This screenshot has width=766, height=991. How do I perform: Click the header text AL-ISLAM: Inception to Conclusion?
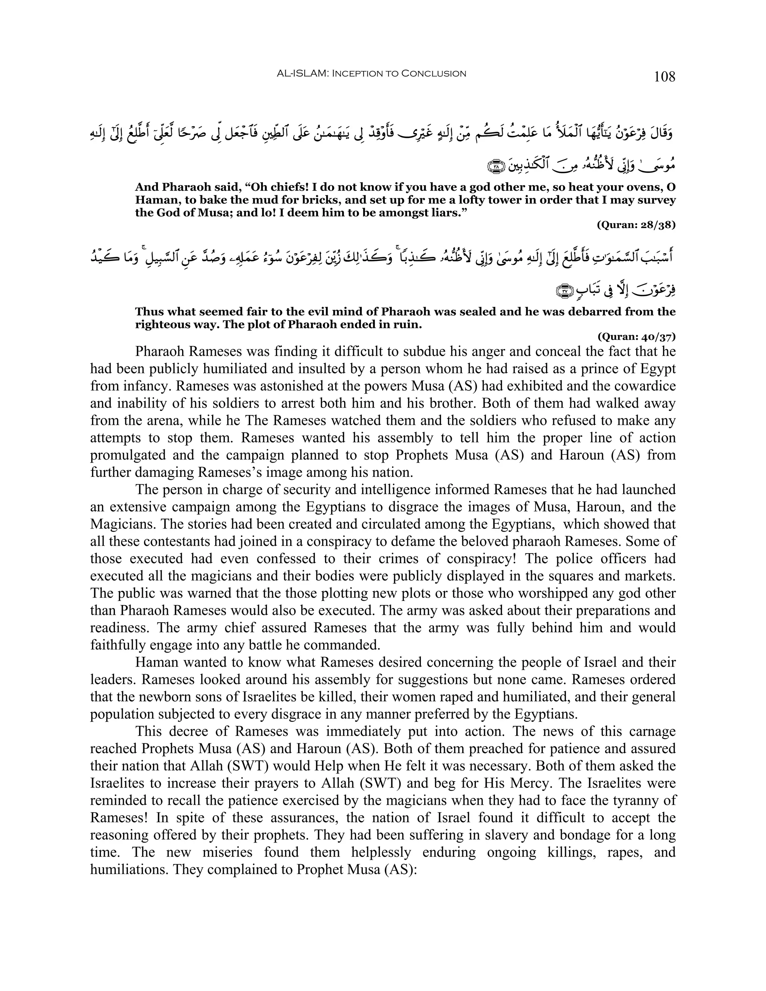371,74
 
